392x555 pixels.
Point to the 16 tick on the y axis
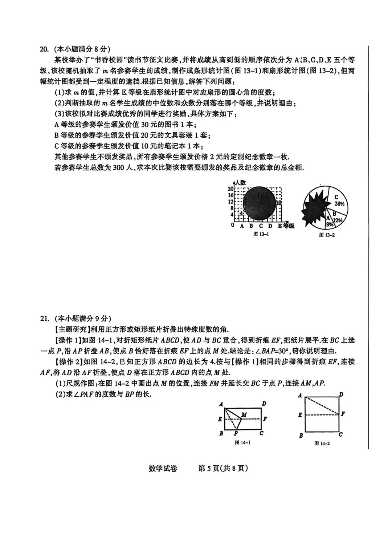coord(231,195)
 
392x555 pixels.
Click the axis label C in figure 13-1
coord(261,226)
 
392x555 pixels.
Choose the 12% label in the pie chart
coord(338,220)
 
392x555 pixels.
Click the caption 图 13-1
coord(261,234)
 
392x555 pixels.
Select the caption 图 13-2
coord(327,235)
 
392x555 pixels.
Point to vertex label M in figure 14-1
coord(244,414)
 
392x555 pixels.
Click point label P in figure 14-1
coord(236,433)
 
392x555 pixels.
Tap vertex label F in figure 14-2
coord(343,413)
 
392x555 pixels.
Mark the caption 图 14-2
coord(322,443)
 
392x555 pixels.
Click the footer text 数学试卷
coord(163,469)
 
